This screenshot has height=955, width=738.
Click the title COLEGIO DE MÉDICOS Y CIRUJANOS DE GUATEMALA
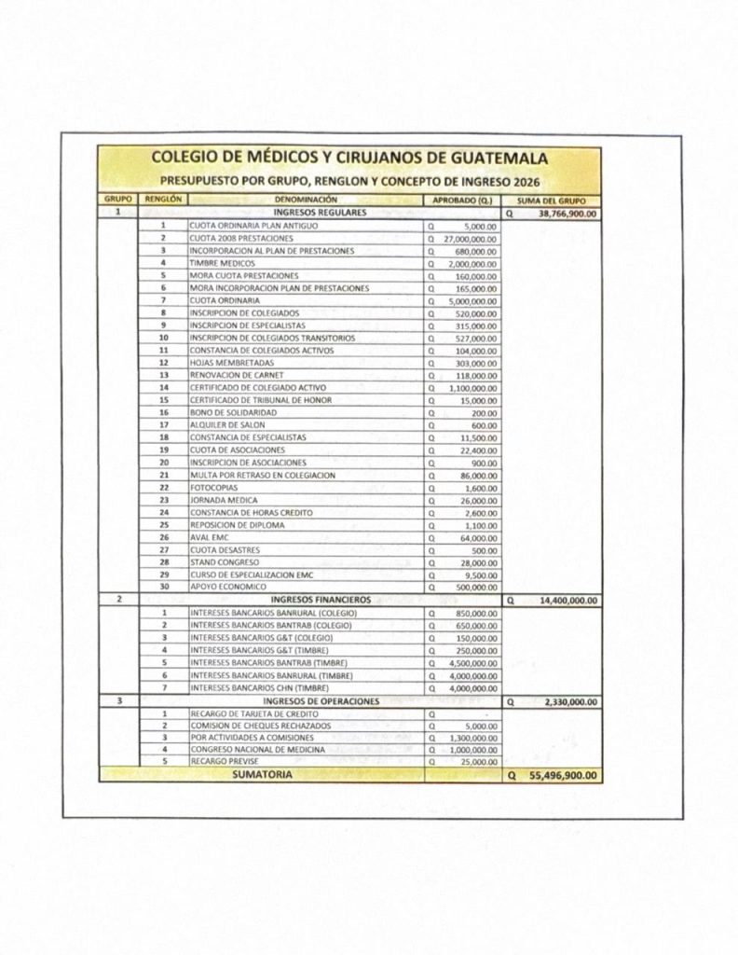[x=349, y=159]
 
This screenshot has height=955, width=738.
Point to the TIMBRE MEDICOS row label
[x=216, y=264]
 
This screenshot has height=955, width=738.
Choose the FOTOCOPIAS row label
[x=212, y=488]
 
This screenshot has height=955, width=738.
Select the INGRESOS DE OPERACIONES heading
[x=321, y=701]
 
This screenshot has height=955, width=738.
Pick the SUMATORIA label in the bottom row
[x=262, y=774]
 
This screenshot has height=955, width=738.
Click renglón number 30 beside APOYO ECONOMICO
[x=163, y=588]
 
